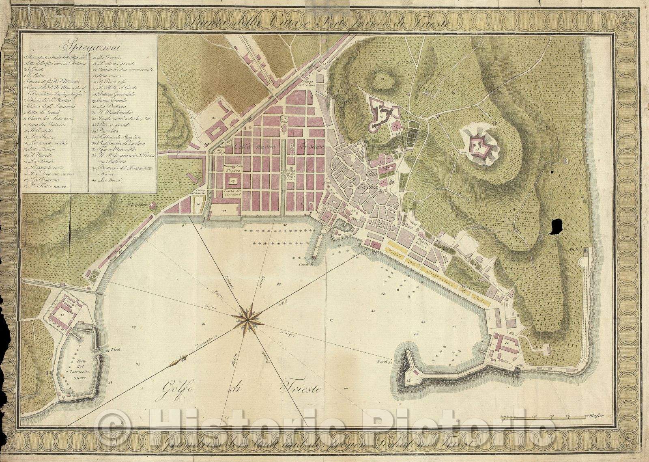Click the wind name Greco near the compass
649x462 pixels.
pos(212,308)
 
